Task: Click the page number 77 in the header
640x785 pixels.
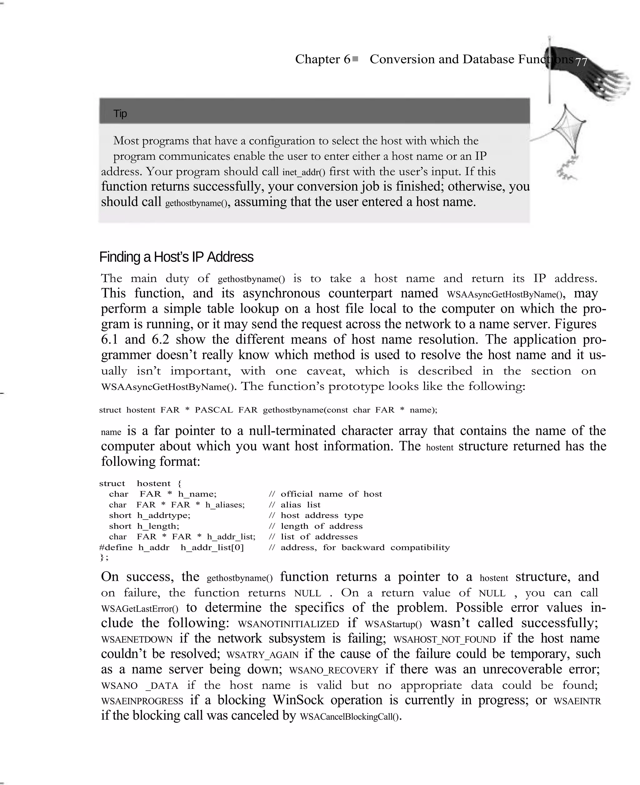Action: [581, 62]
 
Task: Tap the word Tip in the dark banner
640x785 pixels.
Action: [120, 113]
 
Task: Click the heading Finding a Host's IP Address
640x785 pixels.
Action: [176, 257]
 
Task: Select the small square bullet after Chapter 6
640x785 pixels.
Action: [355, 59]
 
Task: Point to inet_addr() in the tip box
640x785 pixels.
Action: [304, 172]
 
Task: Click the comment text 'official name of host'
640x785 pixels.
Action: [331, 494]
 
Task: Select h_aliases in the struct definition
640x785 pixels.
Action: [224, 505]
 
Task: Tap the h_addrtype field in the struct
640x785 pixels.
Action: [164, 516]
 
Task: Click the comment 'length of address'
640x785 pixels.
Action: [322, 526]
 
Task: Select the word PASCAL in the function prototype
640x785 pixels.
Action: [214, 410]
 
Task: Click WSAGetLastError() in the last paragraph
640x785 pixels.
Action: [139, 609]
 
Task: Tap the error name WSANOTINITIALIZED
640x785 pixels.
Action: [288, 624]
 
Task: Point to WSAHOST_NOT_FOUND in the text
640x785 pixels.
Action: [445, 640]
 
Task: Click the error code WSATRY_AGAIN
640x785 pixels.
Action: [262, 655]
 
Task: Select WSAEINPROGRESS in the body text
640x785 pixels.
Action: [142, 701]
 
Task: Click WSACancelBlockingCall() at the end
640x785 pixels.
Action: [350, 717]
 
